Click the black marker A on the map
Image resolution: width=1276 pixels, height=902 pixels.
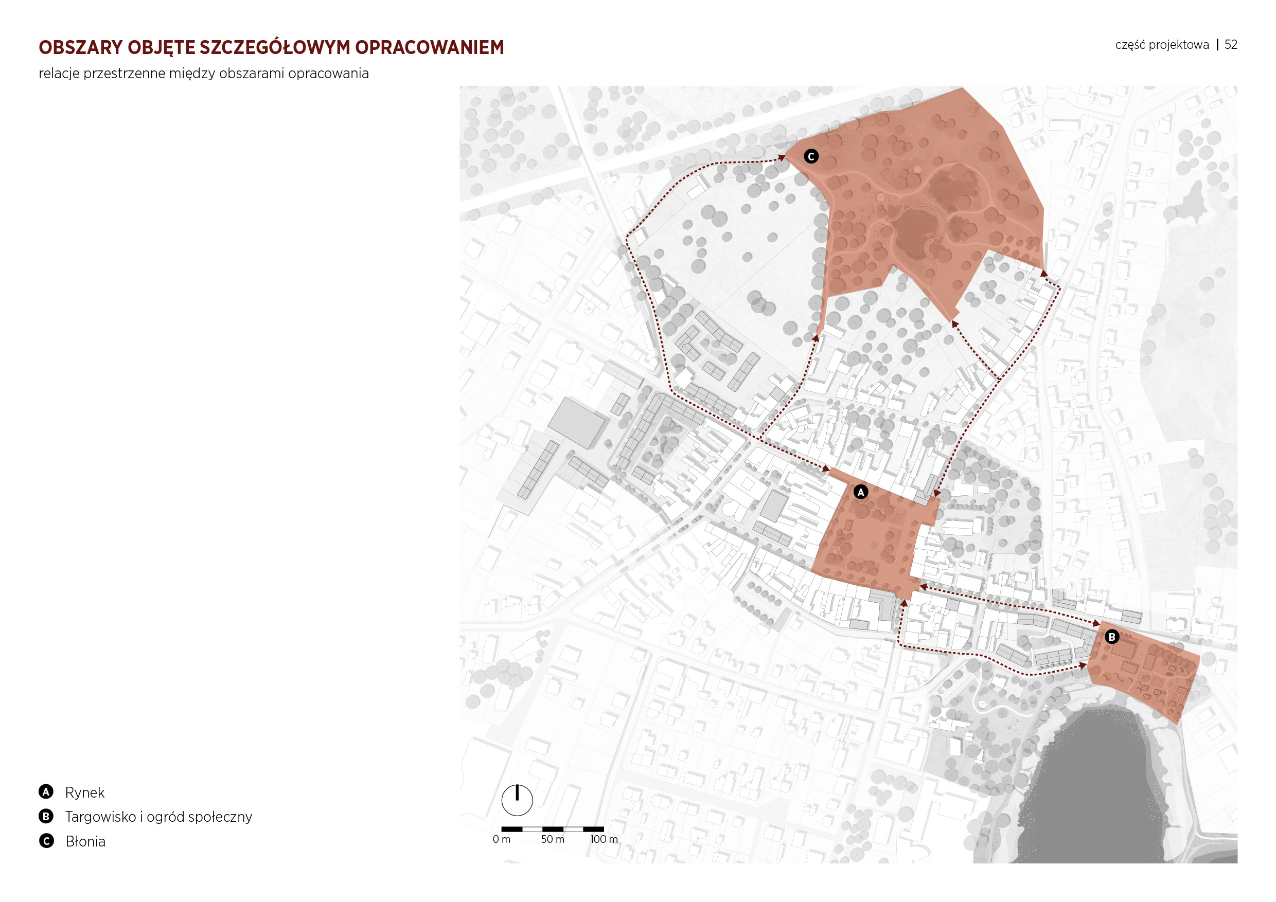point(860,492)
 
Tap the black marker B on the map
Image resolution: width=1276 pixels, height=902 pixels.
point(1111,637)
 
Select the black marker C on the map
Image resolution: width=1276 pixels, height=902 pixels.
point(811,157)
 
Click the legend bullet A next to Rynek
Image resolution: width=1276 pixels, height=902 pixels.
point(46,791)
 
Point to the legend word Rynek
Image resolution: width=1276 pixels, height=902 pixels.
point(84,792)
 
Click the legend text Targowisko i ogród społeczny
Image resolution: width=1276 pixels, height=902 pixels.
point(158,817)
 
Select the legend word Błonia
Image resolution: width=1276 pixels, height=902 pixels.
point(85,841)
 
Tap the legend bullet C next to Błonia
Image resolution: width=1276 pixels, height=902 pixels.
point(46,841)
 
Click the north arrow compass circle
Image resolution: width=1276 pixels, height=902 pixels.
point(517,800)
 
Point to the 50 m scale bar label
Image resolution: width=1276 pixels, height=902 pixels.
point(553,839)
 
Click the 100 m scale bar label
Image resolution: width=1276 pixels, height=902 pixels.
point(604,839)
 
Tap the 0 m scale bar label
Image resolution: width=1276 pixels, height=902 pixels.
point(501,839)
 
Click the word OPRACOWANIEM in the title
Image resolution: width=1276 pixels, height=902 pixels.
point(430,48)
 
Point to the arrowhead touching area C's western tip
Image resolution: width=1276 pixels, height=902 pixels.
point(782,158)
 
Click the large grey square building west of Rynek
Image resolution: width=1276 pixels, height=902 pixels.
point(576,423)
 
